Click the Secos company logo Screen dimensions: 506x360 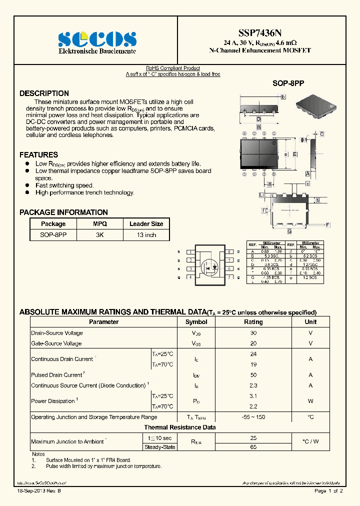[97, 39]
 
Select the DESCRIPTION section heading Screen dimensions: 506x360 [44, 93]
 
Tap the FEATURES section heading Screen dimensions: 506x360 [38, 155]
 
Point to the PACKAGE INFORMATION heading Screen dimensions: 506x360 [63, 212]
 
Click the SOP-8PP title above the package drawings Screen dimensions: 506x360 [288, 83]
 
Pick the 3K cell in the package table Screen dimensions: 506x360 [100, 235]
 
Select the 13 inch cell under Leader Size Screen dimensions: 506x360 [146, 235]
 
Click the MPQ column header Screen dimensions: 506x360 [100, 224]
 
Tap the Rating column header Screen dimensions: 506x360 [253, 322]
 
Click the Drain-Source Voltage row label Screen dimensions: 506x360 [57, 333]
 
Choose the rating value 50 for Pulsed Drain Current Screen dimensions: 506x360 [253, 375]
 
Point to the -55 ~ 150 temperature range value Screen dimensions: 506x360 [253, 417]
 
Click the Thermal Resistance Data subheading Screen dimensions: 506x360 [180, 427]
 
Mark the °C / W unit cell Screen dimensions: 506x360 [310, 441]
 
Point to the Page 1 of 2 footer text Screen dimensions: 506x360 [328, 491]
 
